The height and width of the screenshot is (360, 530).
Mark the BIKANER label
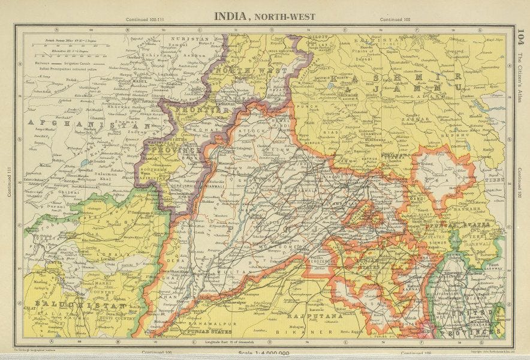tap(312, 331)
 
